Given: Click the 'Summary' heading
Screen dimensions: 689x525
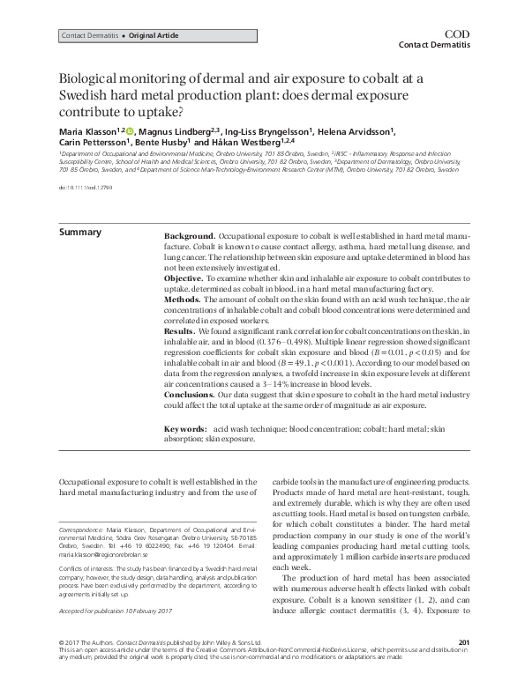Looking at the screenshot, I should (79, 233).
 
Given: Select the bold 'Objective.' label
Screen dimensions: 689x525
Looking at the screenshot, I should (186, 278).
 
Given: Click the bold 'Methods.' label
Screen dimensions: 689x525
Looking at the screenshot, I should (184, 299).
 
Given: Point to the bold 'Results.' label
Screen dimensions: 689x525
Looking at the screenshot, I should (181, 330).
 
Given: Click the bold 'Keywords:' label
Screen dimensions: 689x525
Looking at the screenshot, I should (185, 428).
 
